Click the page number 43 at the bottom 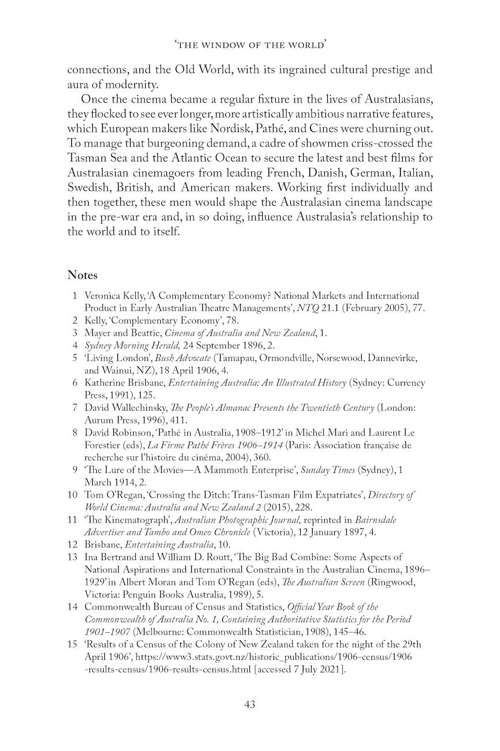[x=250, y=704]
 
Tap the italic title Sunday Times [x=326, y=470]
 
